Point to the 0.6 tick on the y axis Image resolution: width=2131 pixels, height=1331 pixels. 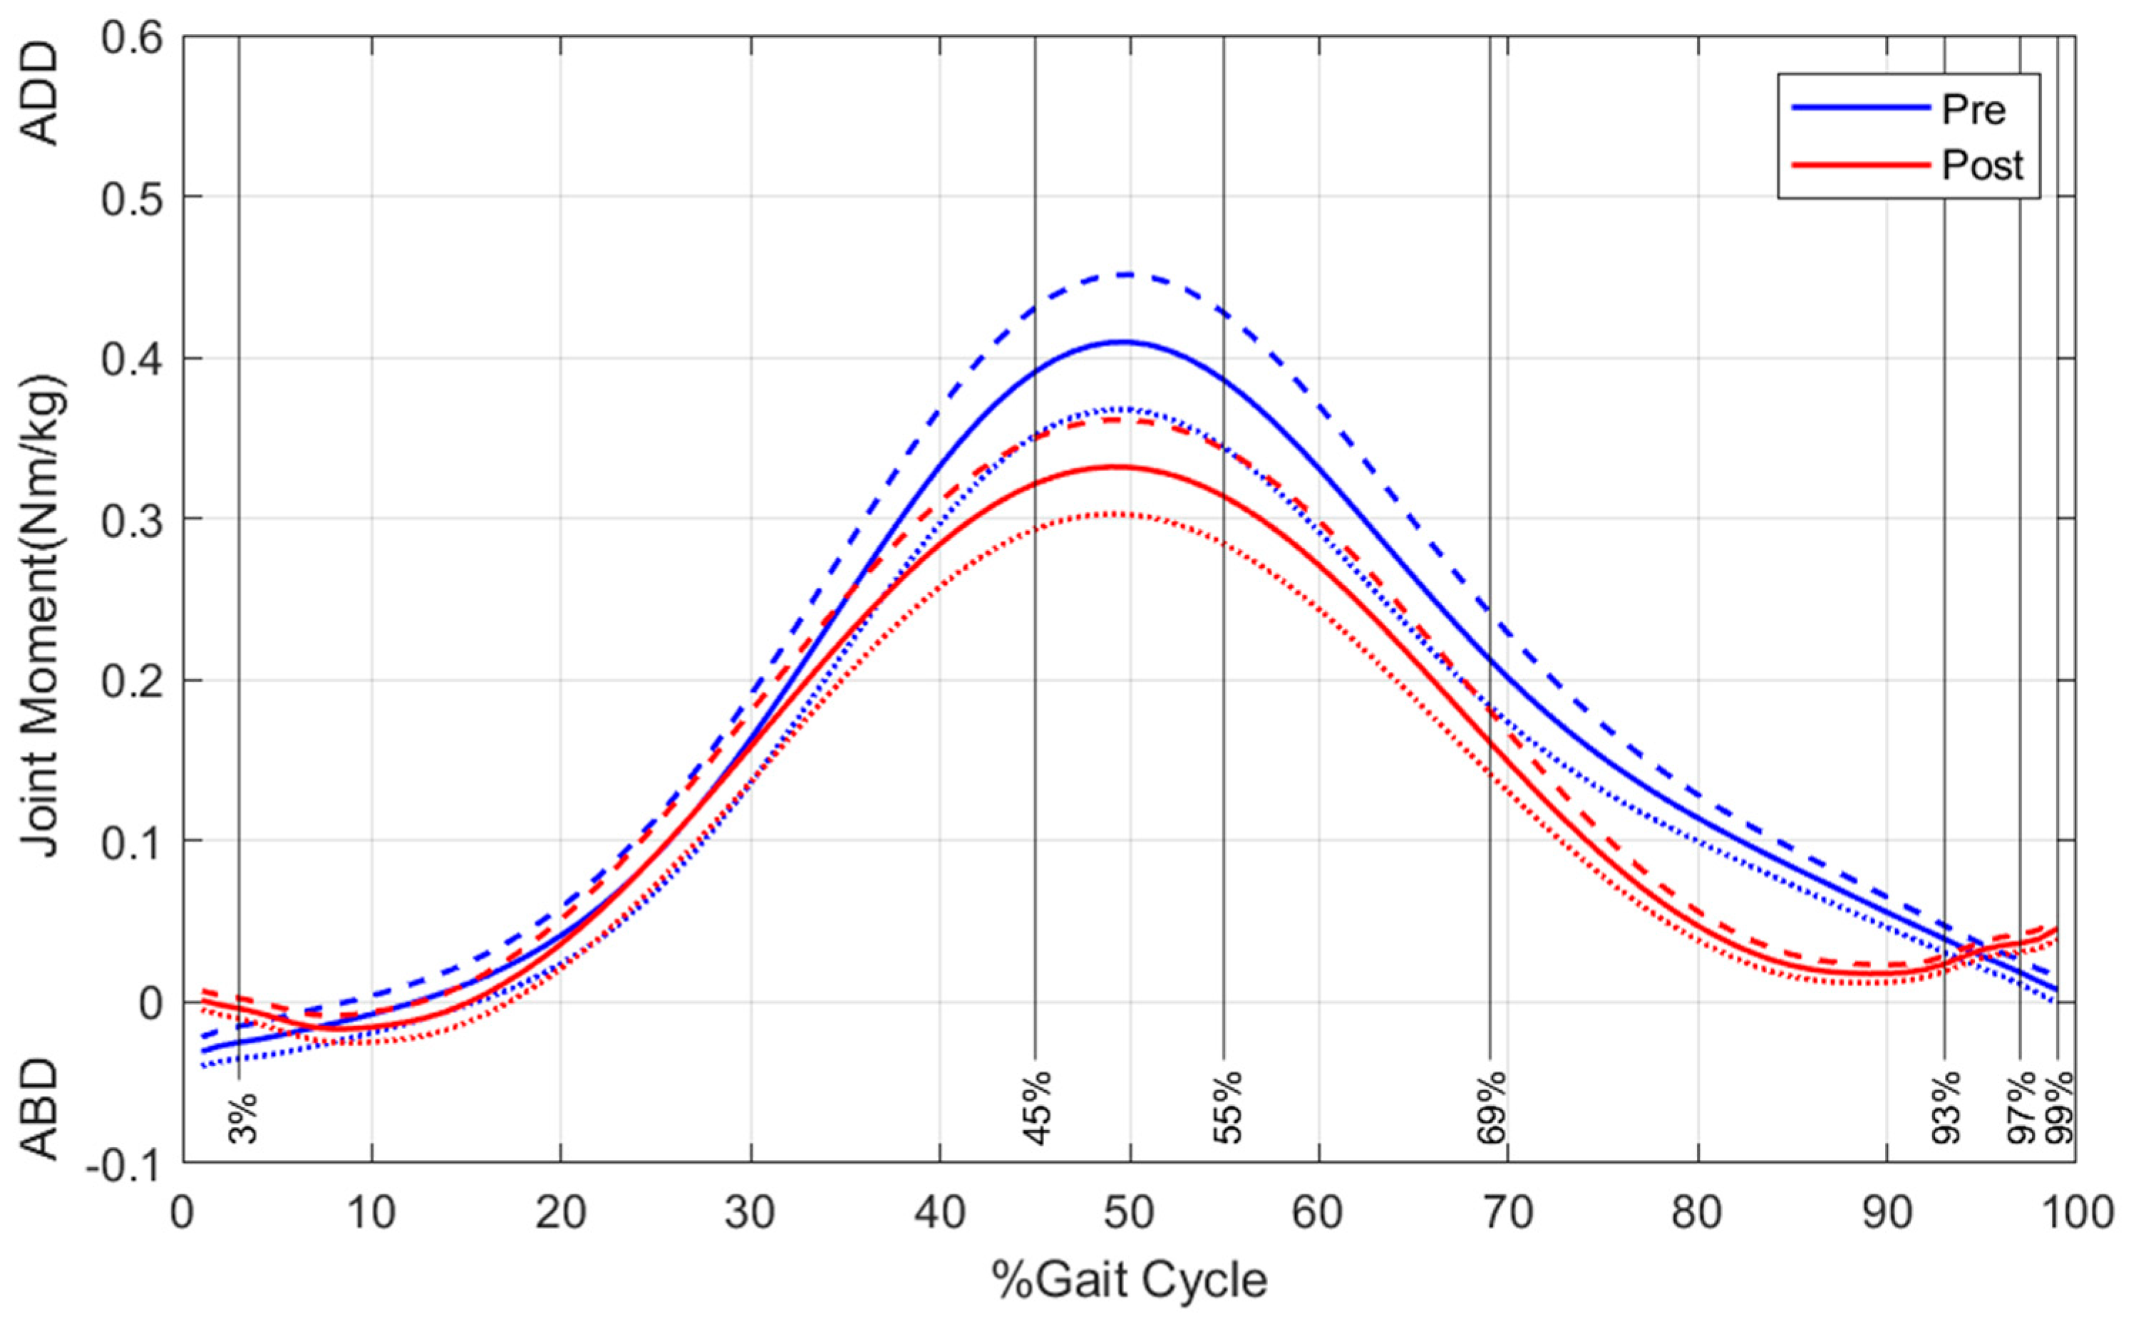pyautogui.click(x=135, y=38)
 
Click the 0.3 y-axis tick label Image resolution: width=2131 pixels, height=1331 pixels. pyautogui.click(x=135, y=519)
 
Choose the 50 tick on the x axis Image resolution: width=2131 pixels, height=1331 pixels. pyautogui.click(x=1129, y=1212)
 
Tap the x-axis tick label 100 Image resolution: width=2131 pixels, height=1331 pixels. pyautogui.click(x=2075, y=1212)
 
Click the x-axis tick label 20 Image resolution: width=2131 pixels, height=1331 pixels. pyautogui.click(x=561, y=1212)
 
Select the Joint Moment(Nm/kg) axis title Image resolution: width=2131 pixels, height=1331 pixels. pyautogui.click(x=41, y=616)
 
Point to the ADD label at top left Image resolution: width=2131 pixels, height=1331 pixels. pyautogui.click(x=41, y=93)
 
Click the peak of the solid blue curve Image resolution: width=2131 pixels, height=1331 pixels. pyautogui.click(x=1122, y=341)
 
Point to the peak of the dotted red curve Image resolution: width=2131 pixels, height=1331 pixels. pyautogui.click(x=1118, y=513)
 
